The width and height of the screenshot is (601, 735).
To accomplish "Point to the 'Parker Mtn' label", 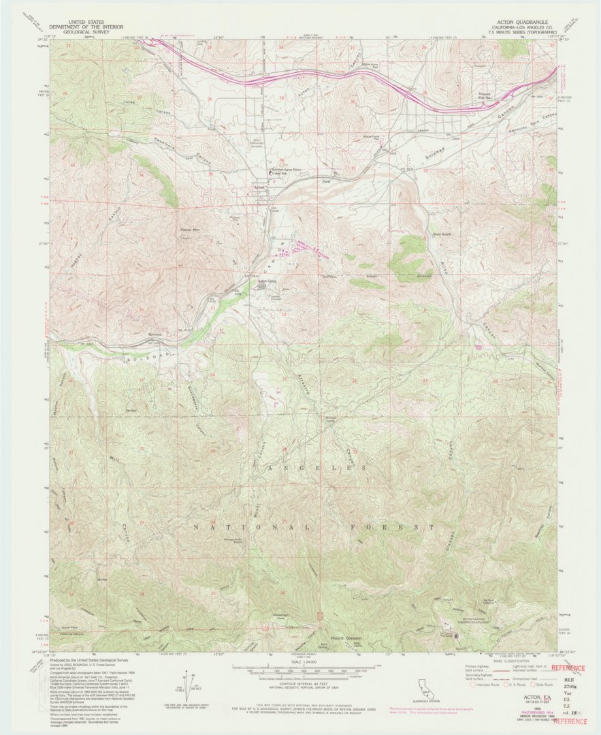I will point(190,230).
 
